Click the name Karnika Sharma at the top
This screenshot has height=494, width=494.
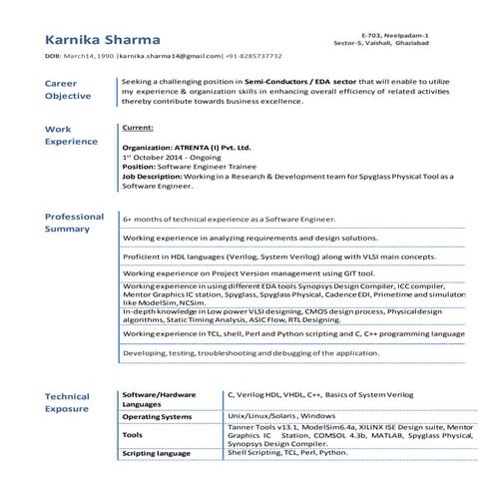pos(103,39)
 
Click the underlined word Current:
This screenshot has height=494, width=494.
pos(137,128)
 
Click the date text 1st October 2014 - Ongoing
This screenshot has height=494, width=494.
pos(174,158)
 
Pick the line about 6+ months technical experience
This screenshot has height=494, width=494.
pos(229,219)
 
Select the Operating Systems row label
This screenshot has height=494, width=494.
pos(156,415)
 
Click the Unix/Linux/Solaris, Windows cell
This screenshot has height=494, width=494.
pos(281,414)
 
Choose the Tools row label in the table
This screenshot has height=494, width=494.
pos(132,435)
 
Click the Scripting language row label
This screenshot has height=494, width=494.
pos(156,453)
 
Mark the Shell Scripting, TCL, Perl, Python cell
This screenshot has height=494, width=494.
pos(287,452)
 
